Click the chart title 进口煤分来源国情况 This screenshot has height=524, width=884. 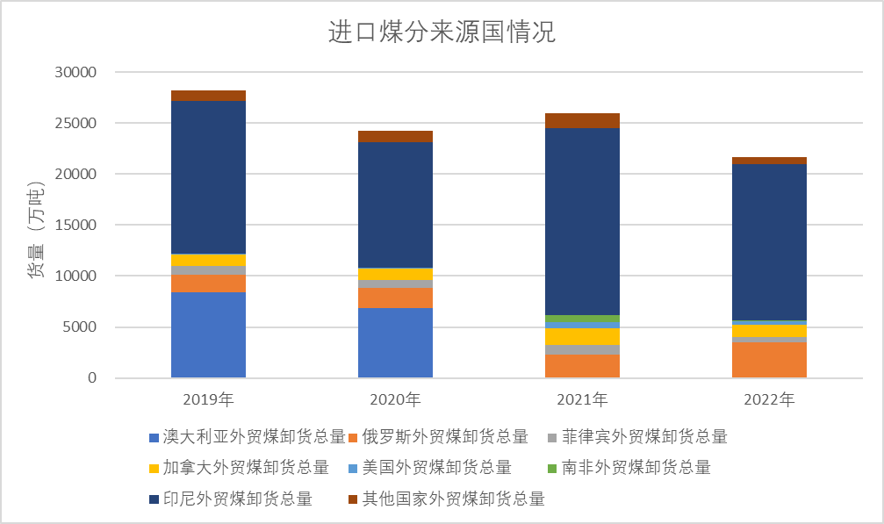click(442, 33)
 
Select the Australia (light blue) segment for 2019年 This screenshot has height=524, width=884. click(208, 334)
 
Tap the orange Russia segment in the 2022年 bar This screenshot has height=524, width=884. click(769, 360)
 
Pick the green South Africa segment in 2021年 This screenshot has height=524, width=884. click(582, 319)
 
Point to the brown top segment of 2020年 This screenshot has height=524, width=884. click(395, 136)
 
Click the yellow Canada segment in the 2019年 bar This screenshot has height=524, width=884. click(208, 260)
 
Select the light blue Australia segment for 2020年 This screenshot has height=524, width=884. click(395, 342)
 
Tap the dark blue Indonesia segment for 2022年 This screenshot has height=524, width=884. click(769, 242)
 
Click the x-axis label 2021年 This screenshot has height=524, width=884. click(582, 400)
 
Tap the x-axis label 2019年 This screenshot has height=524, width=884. click(208, 400)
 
